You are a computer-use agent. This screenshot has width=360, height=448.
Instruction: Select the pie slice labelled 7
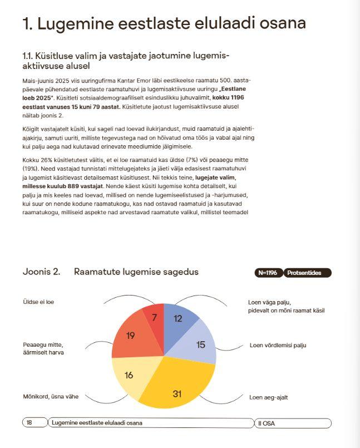[x=154, y=318]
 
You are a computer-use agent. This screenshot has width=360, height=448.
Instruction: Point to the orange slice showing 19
[x=131, y=336]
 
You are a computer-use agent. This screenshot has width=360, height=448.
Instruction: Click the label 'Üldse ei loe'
[x=38, y=302]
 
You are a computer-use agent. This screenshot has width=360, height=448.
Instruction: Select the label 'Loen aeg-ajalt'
[x=269, y=397]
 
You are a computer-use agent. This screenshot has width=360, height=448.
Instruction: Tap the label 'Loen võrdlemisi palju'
[x=278, y=345]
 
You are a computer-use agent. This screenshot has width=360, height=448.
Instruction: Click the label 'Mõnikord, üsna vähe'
[x=51, y=397]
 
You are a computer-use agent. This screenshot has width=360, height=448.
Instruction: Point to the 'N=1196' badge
[x=268, y=273]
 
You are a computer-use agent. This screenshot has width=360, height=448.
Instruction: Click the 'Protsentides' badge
[x=307, y=273]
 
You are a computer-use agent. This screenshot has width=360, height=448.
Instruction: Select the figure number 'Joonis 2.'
[x=41, y=272]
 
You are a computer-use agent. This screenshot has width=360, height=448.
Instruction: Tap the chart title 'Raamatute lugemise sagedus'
[x=136, y=272]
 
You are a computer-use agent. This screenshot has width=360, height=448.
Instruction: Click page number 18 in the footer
[x=29, y=423]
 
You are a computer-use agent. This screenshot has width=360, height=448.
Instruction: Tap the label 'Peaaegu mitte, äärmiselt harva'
[x=43, y=348]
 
